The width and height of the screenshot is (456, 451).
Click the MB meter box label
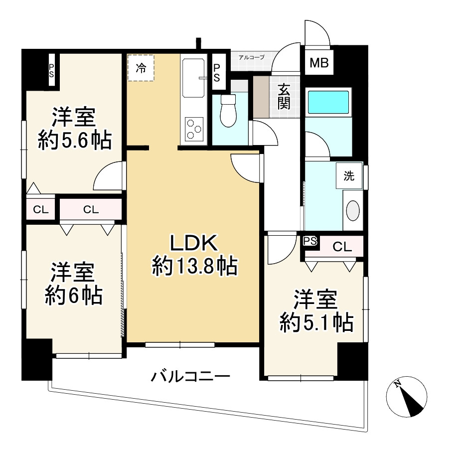319,63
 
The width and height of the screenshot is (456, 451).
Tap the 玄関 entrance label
284,97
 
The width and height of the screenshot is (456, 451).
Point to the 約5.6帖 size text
74,141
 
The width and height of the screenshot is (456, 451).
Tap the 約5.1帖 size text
316,323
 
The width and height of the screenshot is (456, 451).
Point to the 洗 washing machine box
349,176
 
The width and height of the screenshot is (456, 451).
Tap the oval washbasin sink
353,210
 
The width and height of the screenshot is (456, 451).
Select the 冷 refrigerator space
141,68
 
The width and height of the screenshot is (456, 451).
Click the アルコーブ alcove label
252,57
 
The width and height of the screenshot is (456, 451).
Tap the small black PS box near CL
310,242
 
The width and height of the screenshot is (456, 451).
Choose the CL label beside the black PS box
342,246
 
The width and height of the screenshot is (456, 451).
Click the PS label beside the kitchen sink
217,72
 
